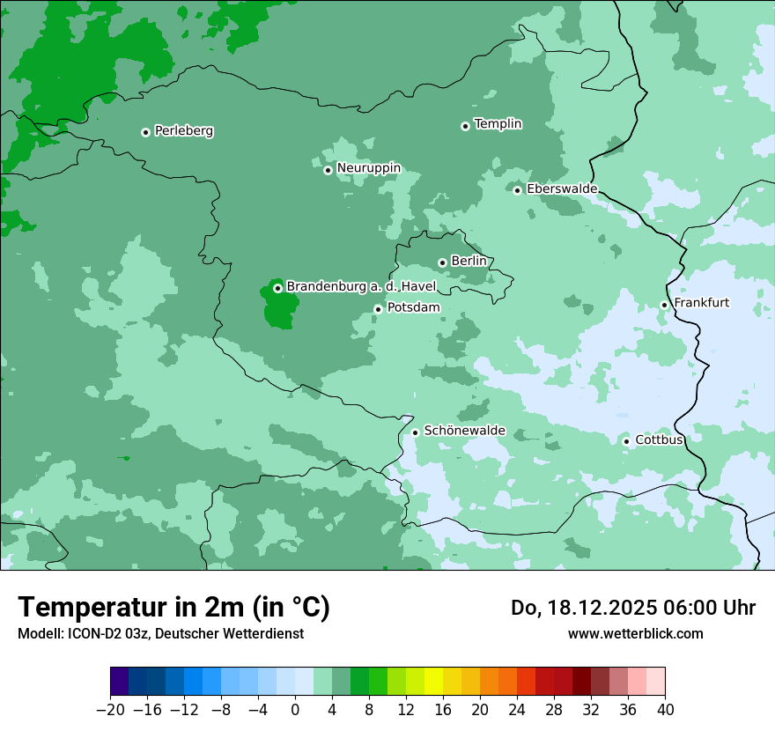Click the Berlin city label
point(469,262)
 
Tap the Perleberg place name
point(184,131)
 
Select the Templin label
point(498,124)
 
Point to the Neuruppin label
point(368,168)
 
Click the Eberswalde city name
point(562,188)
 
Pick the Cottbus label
point(659,439)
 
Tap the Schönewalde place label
point(464,431)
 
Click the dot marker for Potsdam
point(378,309)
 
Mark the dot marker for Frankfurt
point(664,305)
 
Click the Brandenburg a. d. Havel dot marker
point(277,288)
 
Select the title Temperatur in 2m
point(173,607)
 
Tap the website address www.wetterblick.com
point(635,633)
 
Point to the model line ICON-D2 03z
point(160,633)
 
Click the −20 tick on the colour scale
point(111,709)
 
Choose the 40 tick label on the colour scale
point(665,709)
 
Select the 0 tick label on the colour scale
point(295,709)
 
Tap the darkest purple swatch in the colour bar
point(120,682)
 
